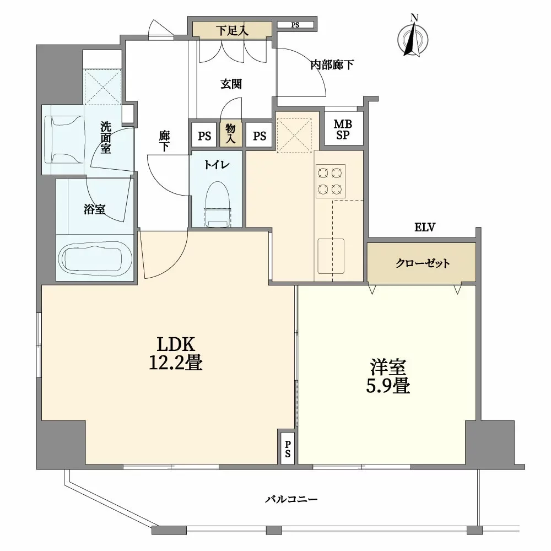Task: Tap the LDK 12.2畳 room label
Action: (176, 354)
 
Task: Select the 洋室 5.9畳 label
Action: (388, 376)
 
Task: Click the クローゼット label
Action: (423, 263)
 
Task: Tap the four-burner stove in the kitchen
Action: (330, 181)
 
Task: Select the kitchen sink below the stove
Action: (331, 256)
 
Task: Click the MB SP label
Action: (343, 129)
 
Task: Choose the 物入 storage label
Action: (230, 133)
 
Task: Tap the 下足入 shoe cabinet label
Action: (232, 30)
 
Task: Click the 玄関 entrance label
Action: (231, 84)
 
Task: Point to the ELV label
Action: (425, 228)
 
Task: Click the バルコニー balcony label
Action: (291, 499)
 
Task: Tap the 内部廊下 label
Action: (332, 65)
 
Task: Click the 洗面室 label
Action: (106, 137)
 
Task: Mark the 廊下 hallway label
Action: (164, 141)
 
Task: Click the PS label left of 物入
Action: (204, 136)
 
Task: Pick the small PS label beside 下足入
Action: (295, 25)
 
